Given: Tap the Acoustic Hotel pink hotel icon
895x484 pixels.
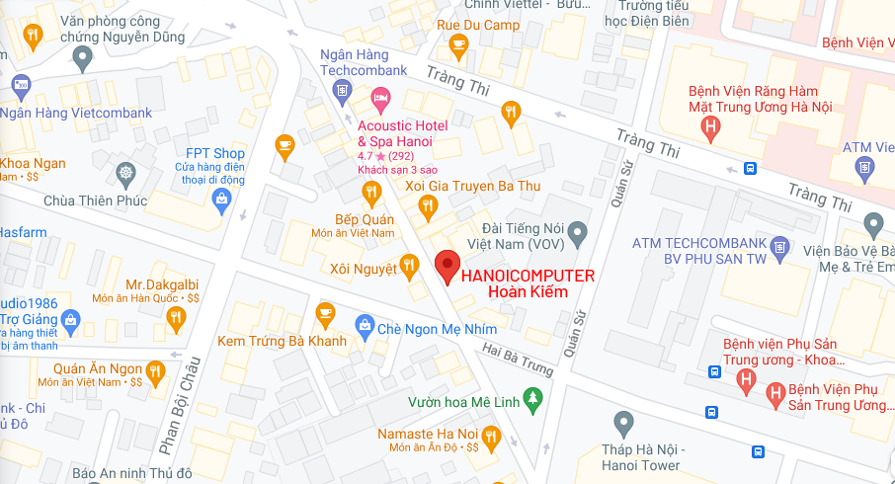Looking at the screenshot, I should click(380, 99).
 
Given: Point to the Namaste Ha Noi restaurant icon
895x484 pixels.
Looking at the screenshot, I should click(491, 436).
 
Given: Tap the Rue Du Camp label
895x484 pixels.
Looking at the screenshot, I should click(464, 25).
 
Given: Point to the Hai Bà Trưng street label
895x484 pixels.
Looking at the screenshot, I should click(519, 360).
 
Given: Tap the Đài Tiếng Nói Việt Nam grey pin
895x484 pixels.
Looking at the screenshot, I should click(580, 233).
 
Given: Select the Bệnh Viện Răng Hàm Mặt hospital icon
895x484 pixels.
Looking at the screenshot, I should click(709, 126).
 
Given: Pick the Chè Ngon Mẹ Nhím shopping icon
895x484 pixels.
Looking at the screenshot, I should click(365, 325).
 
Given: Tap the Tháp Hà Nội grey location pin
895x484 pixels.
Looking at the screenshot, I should click(622, 425).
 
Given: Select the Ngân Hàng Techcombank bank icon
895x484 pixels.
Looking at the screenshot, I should click(342, 92).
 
